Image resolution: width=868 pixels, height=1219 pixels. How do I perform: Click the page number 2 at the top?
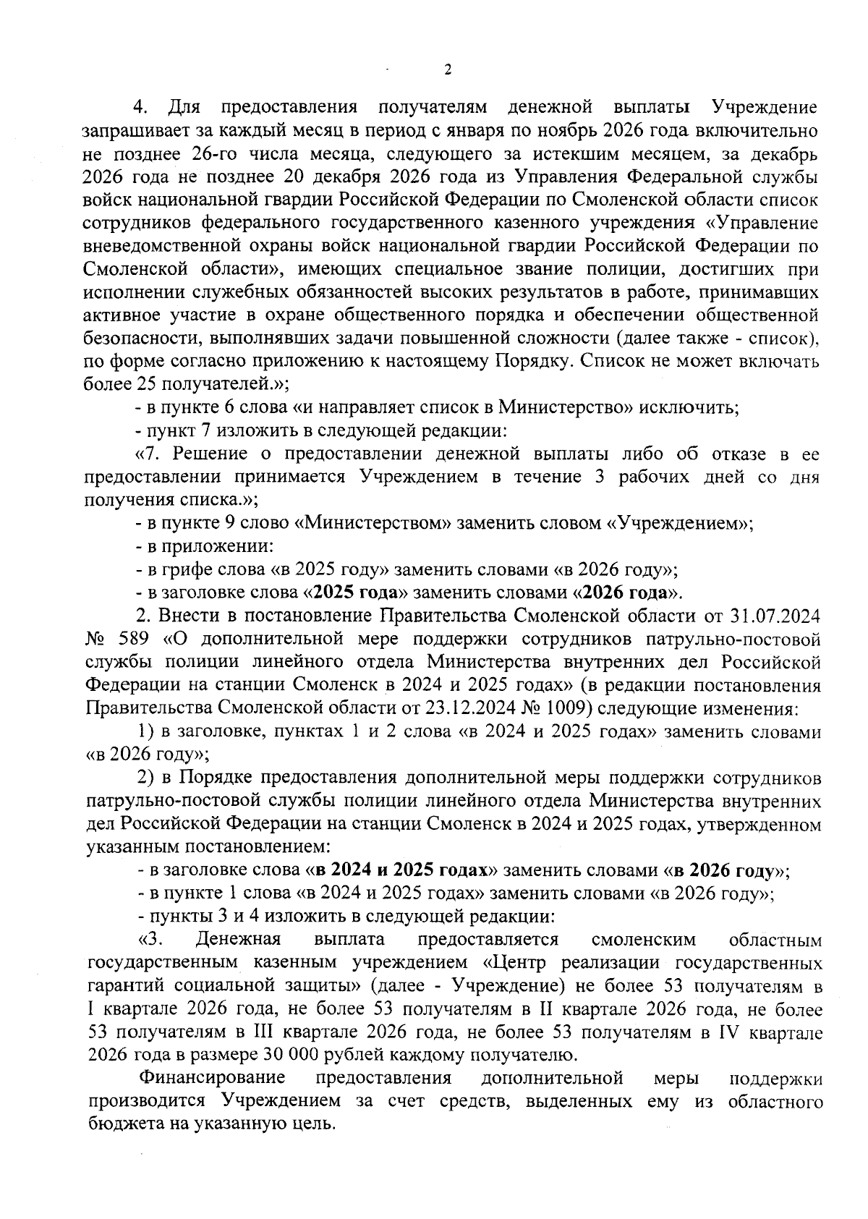click(x=446, y=70)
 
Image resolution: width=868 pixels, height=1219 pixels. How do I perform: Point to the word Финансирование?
click(x=212, y=1078)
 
